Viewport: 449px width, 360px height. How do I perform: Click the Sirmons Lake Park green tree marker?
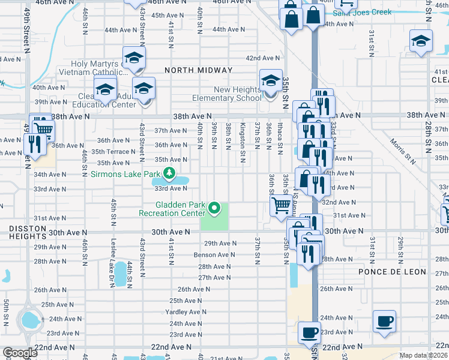(x=169, y=174)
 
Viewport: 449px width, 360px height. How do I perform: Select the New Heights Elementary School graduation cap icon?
(x=271, y=80)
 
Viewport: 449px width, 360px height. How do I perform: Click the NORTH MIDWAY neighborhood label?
(x=198, y=70)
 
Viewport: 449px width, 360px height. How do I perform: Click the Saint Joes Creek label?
(x=362, y=12)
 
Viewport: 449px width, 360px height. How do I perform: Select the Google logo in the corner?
(x=19, y=353)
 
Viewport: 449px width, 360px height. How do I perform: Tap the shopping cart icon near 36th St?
(x=281, y=206)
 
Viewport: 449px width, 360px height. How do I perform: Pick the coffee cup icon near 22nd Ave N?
(x=310, y=332)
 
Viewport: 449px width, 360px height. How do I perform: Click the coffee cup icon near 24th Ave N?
(x=384, y=321)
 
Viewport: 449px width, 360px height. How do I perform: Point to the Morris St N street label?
(x=403, y=151)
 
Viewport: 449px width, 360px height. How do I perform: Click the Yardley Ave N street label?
(x=186, y=312)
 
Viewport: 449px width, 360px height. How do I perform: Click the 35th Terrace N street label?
(x=113, y=152)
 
